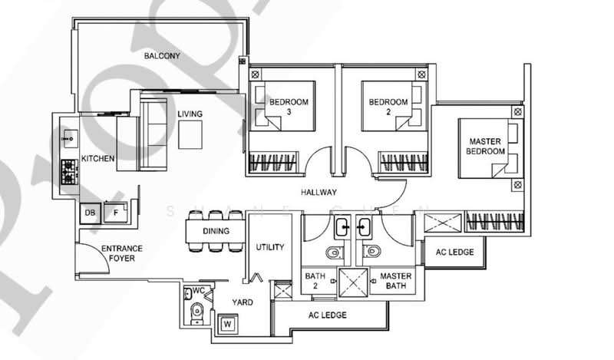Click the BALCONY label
162,56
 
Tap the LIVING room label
190,114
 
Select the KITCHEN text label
98,159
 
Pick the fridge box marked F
117,213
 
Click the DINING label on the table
216,231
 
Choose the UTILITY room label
269,247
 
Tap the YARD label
243,302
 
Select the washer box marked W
228,325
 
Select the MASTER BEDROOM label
486,147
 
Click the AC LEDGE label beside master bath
456,252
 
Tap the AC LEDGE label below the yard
328,315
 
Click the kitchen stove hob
68,177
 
